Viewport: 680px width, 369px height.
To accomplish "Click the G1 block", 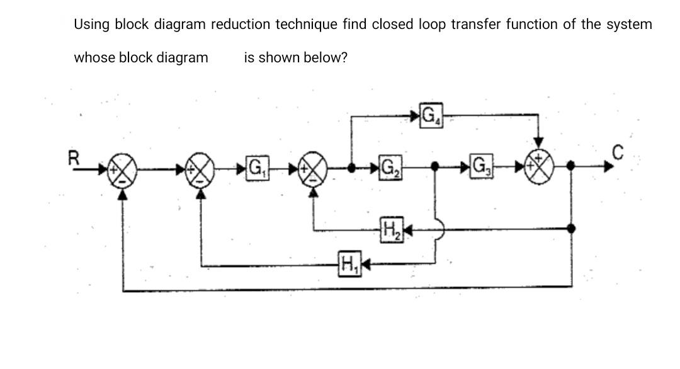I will click(256, 168).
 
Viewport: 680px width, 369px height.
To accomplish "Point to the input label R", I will click(74, 157).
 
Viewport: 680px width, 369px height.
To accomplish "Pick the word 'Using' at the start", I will click(92, 25).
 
